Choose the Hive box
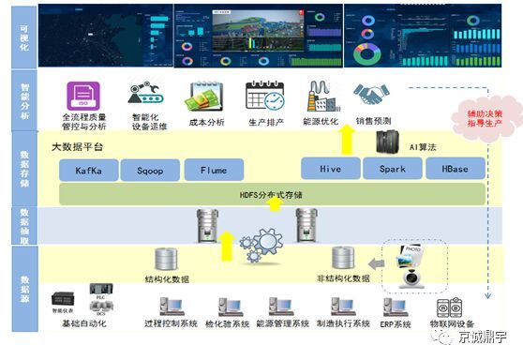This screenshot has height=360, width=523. click(x=329, y=170)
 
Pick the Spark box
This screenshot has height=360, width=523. click(x=392, y=170)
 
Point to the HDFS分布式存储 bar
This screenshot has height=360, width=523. click(x=272, y=195)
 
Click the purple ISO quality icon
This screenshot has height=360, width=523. click(x=82, y=97)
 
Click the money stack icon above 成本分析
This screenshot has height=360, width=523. click(x=202, y=97)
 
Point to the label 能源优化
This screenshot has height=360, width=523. click(x=321, y=121)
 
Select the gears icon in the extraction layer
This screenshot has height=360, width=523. click(x=256, y=247)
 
